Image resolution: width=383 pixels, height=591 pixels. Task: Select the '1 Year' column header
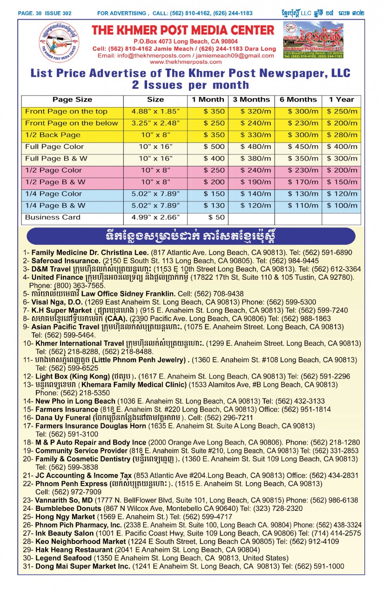[341, 100]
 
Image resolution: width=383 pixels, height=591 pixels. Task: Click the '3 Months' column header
[251, 100]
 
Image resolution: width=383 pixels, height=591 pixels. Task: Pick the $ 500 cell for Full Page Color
[214, 147]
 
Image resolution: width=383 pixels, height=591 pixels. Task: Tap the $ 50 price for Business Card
[216, 217]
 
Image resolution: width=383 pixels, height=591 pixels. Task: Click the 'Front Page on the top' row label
[66, 111]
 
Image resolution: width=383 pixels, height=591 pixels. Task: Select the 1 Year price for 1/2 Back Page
[342, 135]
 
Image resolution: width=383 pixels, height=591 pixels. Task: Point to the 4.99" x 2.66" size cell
[155, 217]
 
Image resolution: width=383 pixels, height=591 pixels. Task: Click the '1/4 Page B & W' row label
[55, 206]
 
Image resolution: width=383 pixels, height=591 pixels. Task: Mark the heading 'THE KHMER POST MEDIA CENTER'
[183, 31]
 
